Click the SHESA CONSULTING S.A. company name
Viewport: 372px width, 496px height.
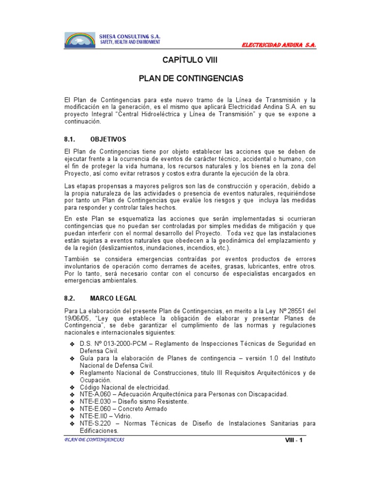coord(129,37)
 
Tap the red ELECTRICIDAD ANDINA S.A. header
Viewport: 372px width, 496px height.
coord(279,45)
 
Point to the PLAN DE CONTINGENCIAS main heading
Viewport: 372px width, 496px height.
coord(190,78)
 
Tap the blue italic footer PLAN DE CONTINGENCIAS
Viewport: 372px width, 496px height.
coord(94,439)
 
